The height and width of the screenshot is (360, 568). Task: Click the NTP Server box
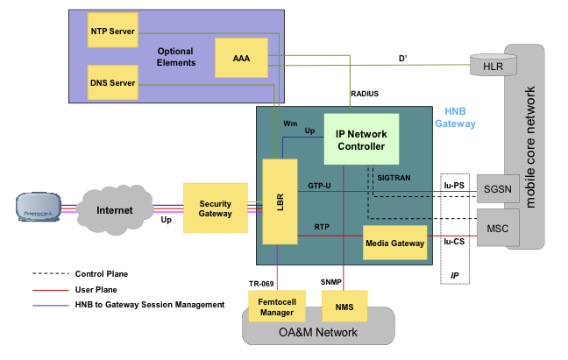(112, 32)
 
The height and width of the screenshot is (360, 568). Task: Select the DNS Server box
(112, 83)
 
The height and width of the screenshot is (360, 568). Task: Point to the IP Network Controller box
(361, 139)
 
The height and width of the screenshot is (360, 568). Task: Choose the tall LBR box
(280, 201)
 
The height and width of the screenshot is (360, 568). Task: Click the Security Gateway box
(215, 208)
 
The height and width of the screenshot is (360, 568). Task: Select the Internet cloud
(114, 210)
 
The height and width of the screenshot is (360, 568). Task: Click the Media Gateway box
(394, 243)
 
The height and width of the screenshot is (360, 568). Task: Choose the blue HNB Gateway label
(456, 118)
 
